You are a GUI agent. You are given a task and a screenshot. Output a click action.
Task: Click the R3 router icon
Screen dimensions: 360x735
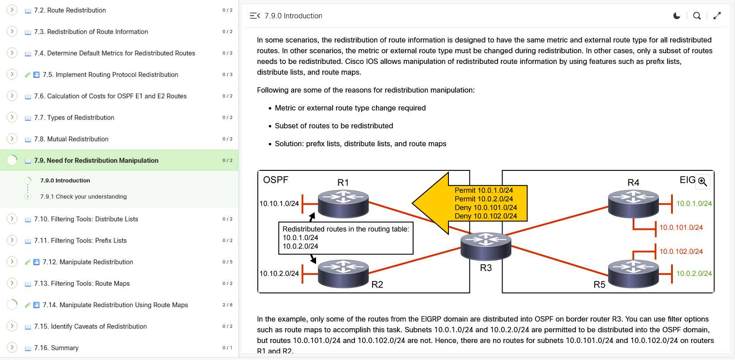coord(486,246)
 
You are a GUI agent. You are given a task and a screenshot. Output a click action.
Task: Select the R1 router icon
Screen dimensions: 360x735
coord(343,203)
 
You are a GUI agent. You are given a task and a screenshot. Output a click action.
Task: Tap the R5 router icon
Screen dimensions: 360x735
coord(633,273)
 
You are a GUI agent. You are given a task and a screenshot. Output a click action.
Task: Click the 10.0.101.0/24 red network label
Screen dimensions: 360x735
coord(681,228)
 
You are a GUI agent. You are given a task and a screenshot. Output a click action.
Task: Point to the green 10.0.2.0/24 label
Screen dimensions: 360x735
coord(694,274)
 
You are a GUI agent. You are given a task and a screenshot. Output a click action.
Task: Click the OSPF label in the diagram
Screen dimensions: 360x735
coord(275,180)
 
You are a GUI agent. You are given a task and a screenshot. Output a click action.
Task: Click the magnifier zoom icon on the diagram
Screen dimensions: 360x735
coord(702,182)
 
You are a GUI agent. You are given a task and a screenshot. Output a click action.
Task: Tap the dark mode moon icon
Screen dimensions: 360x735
coord(677,16)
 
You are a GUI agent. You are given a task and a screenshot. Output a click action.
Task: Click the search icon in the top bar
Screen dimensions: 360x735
coord(697,16)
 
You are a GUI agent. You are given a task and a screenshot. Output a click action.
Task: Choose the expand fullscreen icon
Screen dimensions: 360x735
coord(717,16)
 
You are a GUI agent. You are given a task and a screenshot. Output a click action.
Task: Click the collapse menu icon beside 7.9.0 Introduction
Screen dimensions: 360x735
coord(254,16)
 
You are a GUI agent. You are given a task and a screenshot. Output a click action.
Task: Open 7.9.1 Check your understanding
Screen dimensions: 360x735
coord(83,197)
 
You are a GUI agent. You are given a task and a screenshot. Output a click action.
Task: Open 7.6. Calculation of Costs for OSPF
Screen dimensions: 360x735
coord(110,96)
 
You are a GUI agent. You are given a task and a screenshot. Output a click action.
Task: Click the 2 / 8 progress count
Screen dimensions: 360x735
coord(228,305)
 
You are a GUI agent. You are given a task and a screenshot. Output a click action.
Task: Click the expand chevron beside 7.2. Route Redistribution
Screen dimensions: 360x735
coord(12,10)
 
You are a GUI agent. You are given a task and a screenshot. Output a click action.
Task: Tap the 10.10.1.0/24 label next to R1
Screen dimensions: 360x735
coord(279,203)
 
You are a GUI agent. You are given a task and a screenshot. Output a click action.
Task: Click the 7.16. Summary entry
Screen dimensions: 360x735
coord(56,348)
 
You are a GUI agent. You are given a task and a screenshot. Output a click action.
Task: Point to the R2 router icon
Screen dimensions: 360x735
coord(343,273)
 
